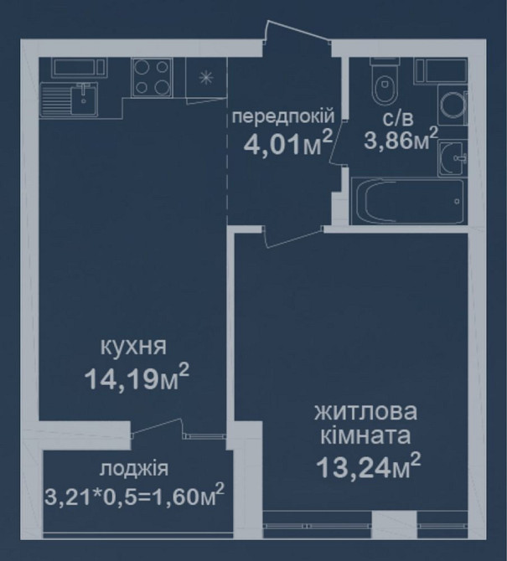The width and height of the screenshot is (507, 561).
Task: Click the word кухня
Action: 135,347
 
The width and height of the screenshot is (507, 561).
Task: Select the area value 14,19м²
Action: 135,381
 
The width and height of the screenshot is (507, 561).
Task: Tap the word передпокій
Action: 285,116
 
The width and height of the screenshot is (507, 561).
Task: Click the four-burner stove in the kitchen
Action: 153,77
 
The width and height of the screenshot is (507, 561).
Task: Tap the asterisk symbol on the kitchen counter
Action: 205,78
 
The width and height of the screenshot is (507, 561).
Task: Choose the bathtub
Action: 409,201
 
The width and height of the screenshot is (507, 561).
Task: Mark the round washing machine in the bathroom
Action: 452,106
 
